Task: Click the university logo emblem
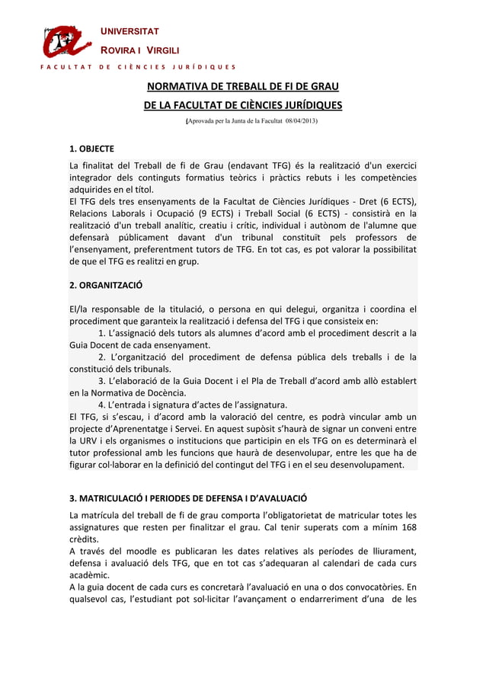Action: tap(67, 41)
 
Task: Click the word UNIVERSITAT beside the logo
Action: tap(130, 31)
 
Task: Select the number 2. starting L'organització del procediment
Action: tap(104, 357)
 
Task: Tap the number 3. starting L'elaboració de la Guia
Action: tap(104, 381)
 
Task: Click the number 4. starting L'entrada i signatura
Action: tap(104, 405)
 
